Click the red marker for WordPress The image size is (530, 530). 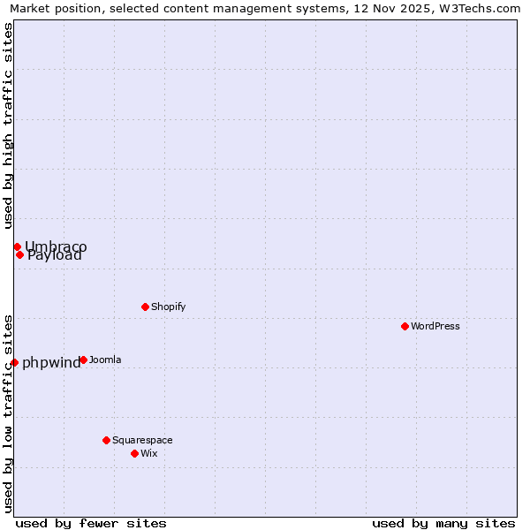point(405,326)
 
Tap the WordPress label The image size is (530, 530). point(435,326)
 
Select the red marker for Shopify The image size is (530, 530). point(145,307)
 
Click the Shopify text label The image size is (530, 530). point(168,307)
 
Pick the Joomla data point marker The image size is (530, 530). point(83,360)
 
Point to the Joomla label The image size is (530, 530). point(105,360)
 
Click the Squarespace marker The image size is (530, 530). point(106,440)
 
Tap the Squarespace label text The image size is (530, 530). point(142,440)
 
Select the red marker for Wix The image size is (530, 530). point(134,453)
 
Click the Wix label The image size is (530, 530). point(149,453)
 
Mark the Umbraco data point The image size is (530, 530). point(17,246)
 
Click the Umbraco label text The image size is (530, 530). point(56,246)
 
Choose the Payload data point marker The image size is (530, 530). point(19,254)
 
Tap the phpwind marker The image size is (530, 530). point(14,362)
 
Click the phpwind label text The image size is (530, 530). point(51,362)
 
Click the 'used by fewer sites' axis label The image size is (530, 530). point(91,523)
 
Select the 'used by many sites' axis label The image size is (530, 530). point(443,523)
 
